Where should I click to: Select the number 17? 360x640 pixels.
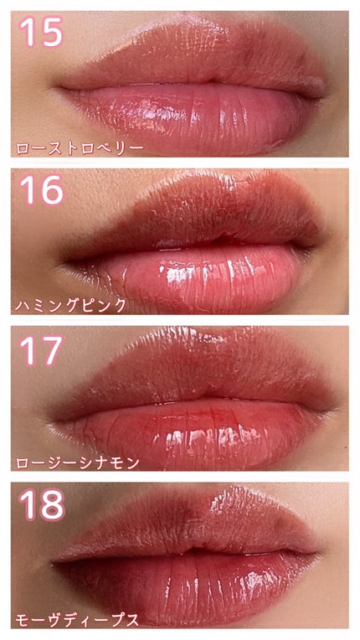click(41, 349)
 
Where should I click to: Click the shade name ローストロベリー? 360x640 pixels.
click(80, 148)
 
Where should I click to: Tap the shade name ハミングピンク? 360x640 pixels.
click(72, 306)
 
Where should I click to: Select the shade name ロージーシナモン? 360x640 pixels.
click(77, 462)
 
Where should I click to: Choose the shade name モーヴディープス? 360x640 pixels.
click(77, 621)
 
